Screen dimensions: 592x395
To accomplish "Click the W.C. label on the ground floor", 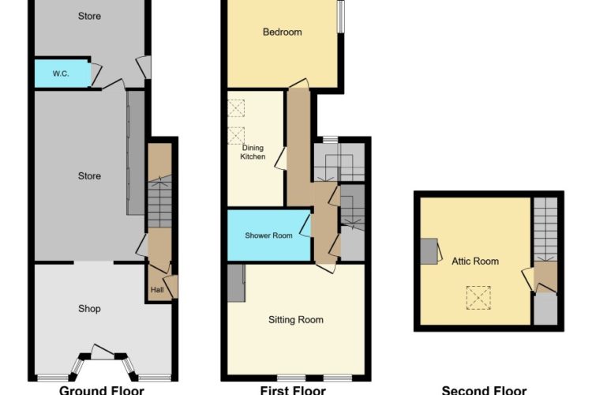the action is [61, 73].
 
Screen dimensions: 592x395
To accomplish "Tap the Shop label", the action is [89, 309].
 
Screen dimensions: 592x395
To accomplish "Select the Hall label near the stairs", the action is [157, 290].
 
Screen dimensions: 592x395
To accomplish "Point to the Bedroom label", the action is [283, 32].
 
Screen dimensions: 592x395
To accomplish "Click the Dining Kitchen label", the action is [253, 152].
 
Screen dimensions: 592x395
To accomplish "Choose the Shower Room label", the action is [269, 235].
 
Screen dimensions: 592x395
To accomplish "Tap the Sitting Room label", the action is [296, 320].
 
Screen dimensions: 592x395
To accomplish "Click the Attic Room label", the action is [475, 261].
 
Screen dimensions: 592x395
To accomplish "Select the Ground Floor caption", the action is [102, 390].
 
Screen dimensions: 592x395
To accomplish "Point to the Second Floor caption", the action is [484, 390].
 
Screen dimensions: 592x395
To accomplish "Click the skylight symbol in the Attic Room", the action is [478, 298].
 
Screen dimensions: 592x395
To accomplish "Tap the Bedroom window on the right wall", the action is [341, 17].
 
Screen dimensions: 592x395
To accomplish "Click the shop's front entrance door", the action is [102, 352].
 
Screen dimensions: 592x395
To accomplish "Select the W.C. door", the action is [96, 73].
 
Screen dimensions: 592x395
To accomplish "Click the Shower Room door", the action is [305, 226].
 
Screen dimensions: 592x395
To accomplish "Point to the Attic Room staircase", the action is [545, 229].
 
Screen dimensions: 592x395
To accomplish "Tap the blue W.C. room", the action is [62, 73].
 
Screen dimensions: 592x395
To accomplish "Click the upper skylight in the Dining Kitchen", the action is [236, 108].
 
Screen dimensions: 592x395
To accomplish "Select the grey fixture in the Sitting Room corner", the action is [236, 283].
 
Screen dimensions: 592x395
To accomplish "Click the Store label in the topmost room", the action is [89, 17].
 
